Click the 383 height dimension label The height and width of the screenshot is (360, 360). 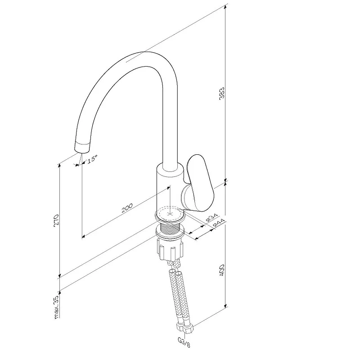(222, 93)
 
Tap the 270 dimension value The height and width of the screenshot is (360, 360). (57, 220)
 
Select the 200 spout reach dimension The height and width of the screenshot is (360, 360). (127, 207)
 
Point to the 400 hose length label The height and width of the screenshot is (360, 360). (222, 270)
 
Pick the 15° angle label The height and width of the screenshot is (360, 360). (92, 158)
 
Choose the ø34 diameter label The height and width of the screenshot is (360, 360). (211, 217)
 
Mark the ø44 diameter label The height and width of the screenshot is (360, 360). (219, 223)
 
